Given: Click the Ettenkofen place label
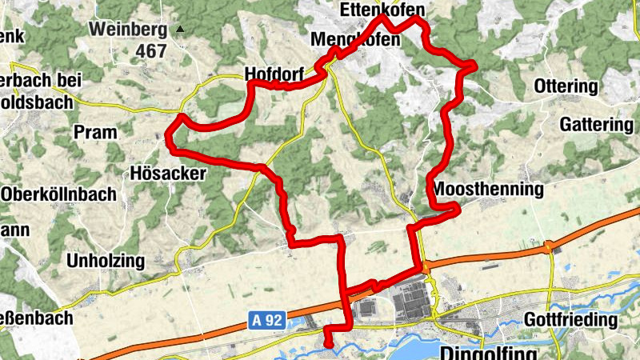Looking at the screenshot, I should click(381, 10).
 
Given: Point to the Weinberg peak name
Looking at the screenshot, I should click(128, 30).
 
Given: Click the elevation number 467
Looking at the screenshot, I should click(150, 51).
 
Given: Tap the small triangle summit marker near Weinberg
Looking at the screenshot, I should click(180, 30).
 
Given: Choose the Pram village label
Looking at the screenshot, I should click(95, 132).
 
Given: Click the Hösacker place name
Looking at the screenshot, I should click(168, 173).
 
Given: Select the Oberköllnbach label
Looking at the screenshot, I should click(59, 194).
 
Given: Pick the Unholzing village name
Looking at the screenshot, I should click(106, 261).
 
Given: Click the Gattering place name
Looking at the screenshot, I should click(596, 125).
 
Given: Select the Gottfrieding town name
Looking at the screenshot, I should click(570, 320).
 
